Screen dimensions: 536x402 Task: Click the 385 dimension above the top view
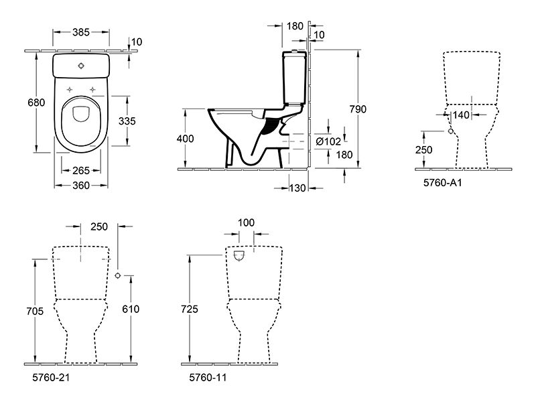[81, 32]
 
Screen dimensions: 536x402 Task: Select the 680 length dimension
[36, 103]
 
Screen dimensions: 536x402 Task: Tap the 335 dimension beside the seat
[127, 121]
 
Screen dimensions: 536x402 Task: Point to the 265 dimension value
[81, 170]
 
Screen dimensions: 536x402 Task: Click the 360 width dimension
[81, 186]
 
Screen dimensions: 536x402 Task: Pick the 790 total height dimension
[358, 109]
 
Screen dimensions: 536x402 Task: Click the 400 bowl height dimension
[186, 139]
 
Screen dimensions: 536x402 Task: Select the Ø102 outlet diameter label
[328, 141]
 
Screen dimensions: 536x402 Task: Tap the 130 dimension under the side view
[297, 188]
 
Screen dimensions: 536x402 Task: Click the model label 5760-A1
[443, 183]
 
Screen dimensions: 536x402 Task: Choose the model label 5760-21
[51, 377]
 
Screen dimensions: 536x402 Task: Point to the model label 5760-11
[208, 377]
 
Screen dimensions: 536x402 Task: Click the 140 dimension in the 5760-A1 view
[461, 115]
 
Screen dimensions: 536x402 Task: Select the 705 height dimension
[35, 311]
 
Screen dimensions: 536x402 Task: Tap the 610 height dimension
[131, 309]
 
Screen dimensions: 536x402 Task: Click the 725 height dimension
[190, 309]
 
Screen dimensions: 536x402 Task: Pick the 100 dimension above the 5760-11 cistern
[246, 222]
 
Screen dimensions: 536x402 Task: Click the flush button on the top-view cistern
[81, 66]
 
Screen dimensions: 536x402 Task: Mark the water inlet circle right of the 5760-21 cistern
[118, 275]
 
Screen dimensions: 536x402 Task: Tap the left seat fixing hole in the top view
[70, 90]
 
